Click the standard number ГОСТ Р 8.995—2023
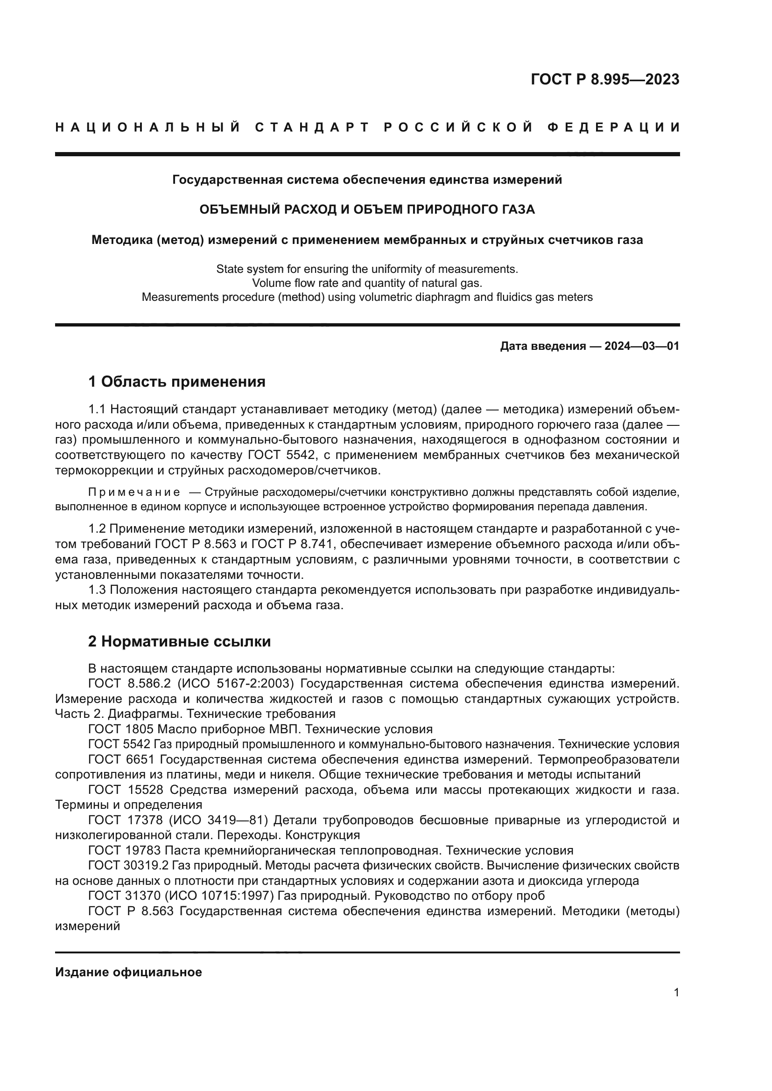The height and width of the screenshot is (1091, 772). [x=604, y=79]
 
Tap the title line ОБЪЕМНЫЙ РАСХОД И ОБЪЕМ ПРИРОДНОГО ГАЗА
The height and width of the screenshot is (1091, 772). [x=367, y=209]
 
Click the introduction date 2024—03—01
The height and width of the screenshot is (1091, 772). [x=642, y=346]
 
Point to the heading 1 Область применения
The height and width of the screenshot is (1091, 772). [x=177, y=381]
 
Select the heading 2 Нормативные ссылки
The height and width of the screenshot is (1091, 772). [x=179, y=641]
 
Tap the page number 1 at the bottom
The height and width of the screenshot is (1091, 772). [x=676, y=992]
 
